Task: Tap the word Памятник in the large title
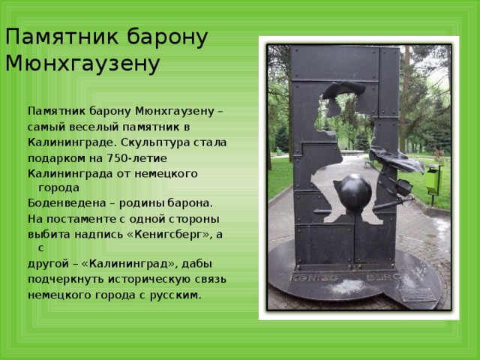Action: pos(61,37)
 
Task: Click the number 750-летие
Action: pos(136,158)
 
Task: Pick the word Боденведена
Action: pos(67,203)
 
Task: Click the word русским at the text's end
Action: pos(175,295)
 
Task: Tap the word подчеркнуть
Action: pos(67,280)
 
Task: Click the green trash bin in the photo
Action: pos(433,181)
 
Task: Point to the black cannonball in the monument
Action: pos(355,192)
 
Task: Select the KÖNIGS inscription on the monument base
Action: pos(314,277)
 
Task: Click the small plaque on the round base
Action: pos(417,295)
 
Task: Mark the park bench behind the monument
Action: pos(368,163)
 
